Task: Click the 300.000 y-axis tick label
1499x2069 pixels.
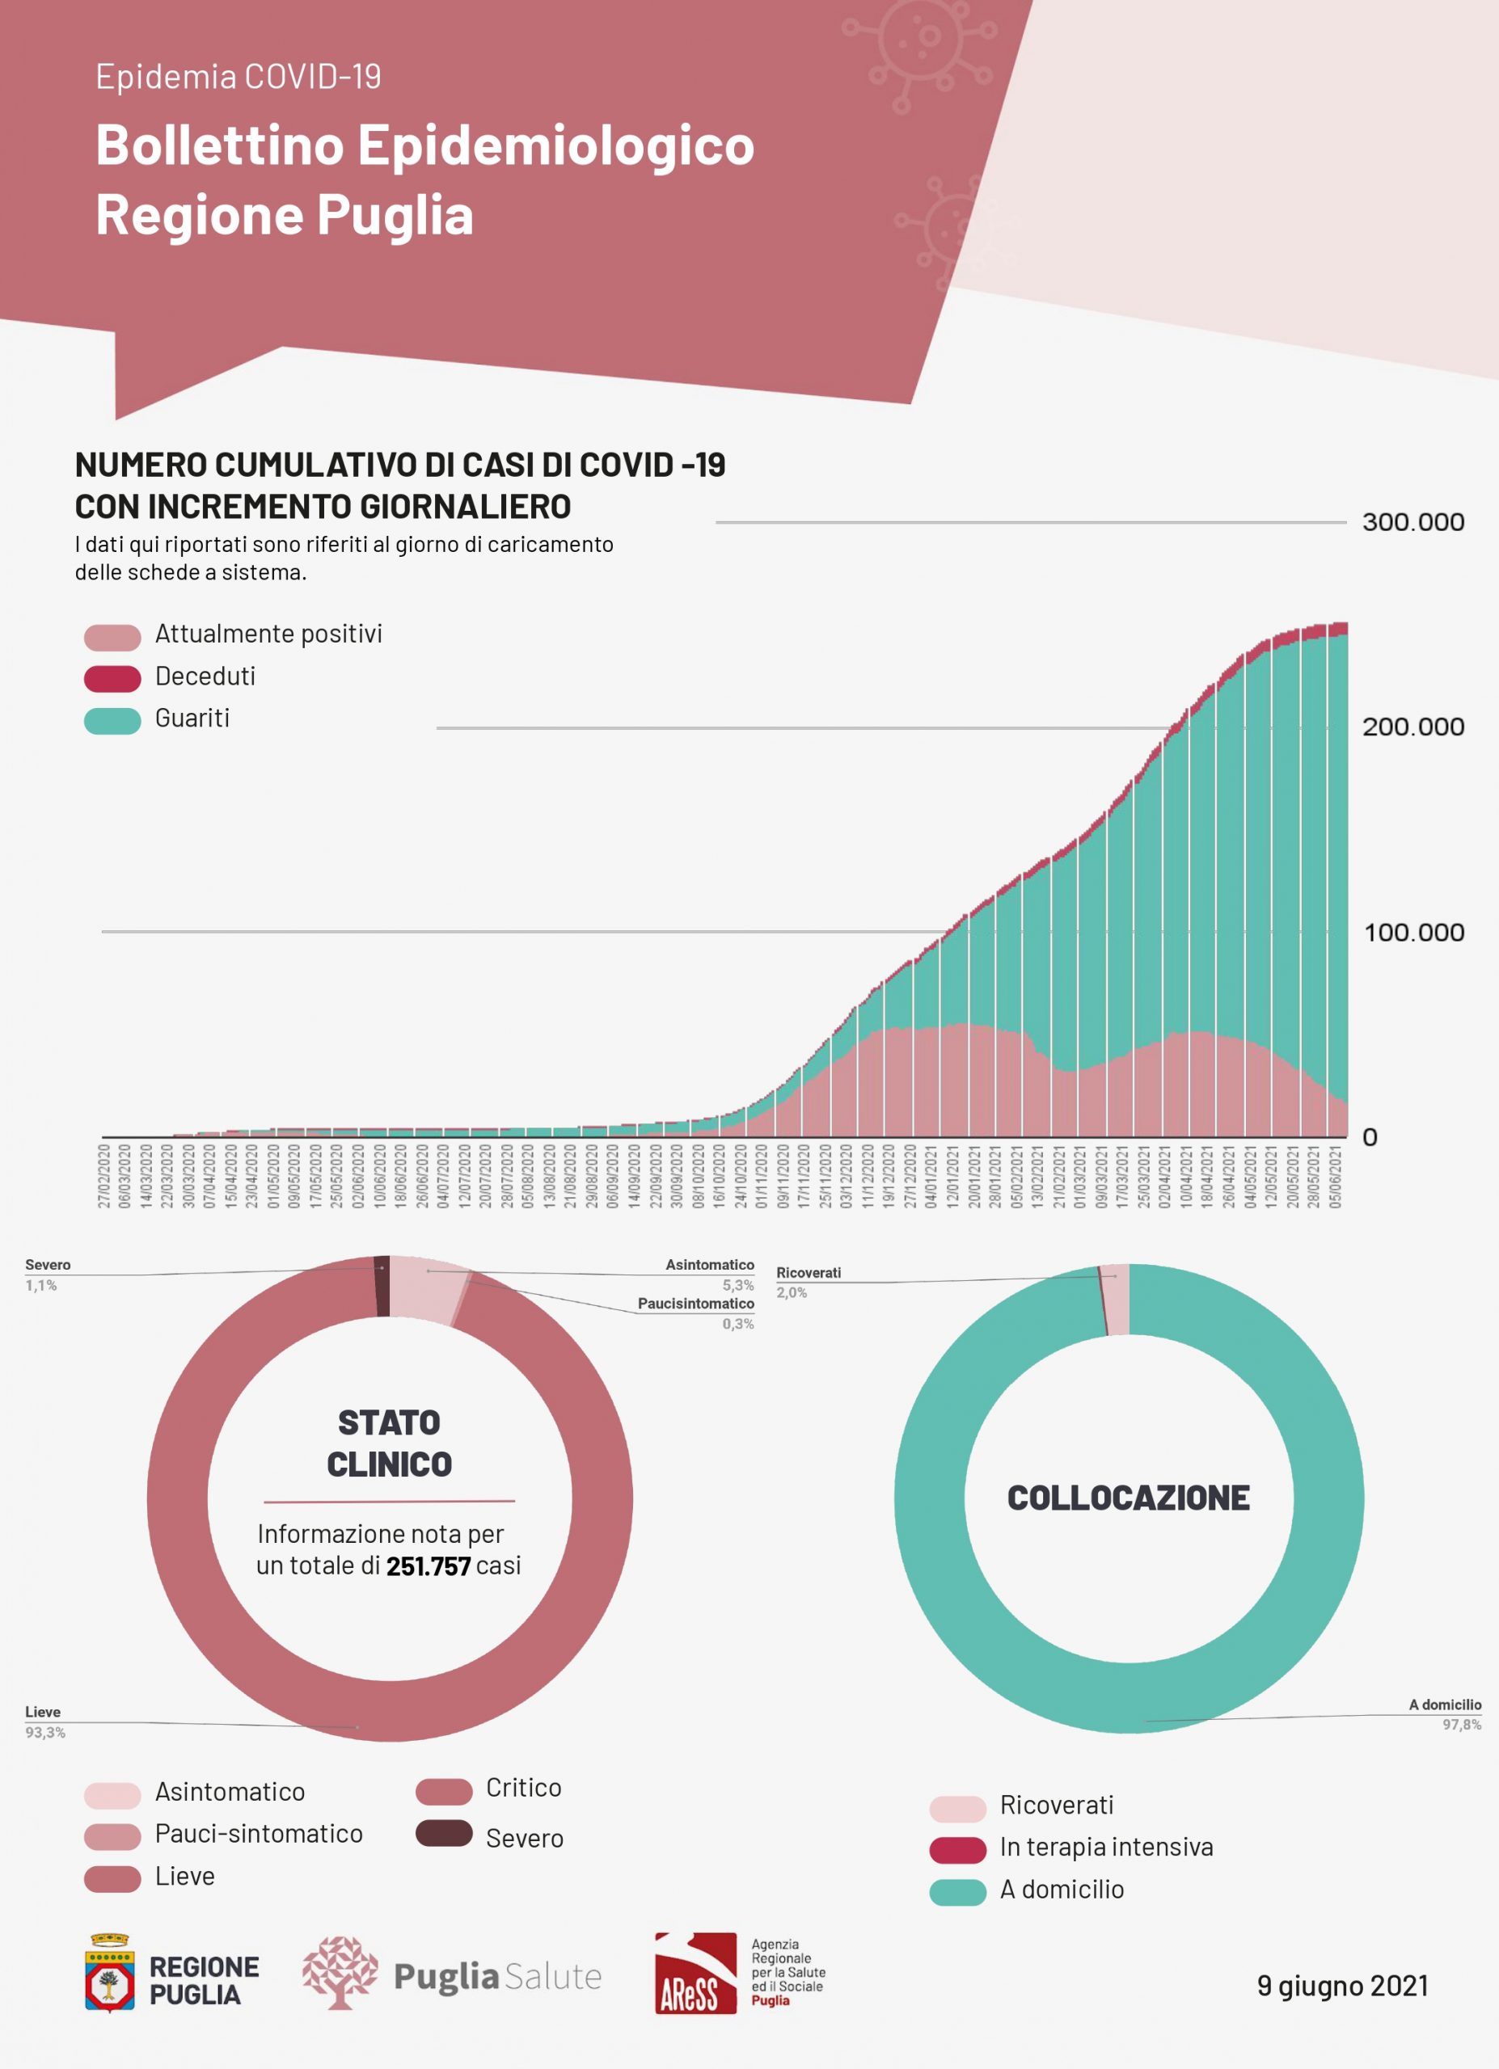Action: coord(1412,522)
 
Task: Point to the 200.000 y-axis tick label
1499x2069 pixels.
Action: coord(1412,727)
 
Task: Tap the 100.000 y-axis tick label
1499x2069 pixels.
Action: coord(1413,933)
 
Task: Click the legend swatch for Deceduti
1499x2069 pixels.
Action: coord(112,678)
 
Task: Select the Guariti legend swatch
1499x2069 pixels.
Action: coord(112,720)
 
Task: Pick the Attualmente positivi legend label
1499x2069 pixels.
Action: coord(268,634)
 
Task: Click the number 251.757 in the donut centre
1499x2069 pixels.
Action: coord(428,1565)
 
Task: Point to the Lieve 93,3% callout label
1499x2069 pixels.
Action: coord(44,1721)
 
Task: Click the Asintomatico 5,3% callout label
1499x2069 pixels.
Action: coord(710,1275)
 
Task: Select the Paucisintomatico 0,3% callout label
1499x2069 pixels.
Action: coord(696,1313)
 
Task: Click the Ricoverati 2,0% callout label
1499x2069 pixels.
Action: coord(808,1282)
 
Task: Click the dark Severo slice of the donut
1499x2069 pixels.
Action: coord(382,1287)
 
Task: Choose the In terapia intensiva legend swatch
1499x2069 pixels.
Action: coord(957,1849)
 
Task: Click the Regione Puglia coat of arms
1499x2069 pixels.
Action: coord(109,1972)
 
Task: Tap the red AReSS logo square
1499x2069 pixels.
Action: coord(695,1973)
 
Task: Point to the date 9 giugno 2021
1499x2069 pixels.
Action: coord(1342,1985)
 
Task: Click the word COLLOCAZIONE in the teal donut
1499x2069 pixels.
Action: coord(1128,1498)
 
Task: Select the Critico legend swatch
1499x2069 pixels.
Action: coord(443,1791)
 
